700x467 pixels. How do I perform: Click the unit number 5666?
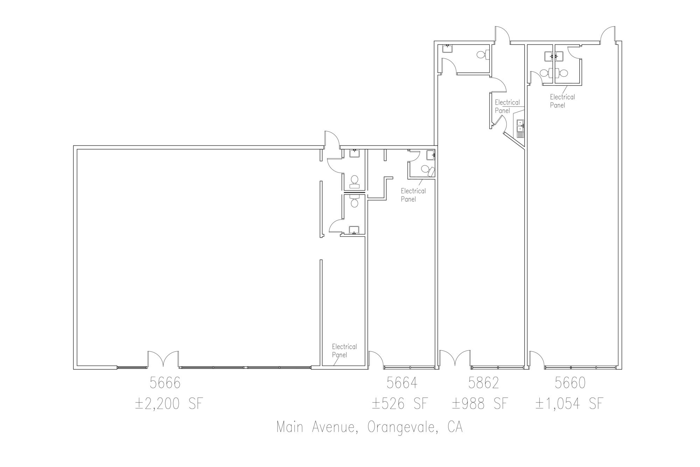click(x=165, y=383)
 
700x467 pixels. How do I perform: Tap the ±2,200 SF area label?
click(x=169, y=404)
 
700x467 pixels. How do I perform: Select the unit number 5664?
click(x=402, y=383)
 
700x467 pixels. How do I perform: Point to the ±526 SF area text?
click(x=400, y=404)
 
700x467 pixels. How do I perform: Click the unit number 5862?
click(x=483, y=383)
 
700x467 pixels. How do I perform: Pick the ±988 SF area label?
click(x=479, y=404)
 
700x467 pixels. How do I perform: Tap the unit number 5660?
click(x=570, y=383)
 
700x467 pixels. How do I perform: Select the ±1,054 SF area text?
click(x=569, y=404)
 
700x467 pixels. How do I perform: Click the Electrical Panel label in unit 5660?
click(x=562, y=101)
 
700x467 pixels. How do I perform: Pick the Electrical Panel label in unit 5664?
click(x=413, y=195)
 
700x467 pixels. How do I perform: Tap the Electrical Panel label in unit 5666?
click(x=344, y=350)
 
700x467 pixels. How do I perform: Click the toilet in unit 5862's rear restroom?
click(x=482, y=54)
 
